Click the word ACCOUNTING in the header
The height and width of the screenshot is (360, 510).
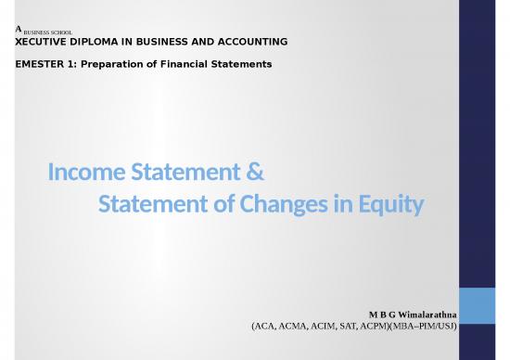coord(248,43)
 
